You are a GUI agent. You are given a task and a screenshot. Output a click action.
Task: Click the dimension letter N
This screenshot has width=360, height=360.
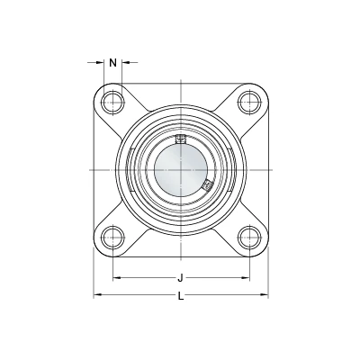(112, 63)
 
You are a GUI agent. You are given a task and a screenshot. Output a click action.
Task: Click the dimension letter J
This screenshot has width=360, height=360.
(180, 278)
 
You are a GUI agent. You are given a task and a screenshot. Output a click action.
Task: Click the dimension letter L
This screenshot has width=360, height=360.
(181, 296)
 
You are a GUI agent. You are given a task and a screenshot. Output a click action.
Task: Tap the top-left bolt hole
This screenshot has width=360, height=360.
(112, 102)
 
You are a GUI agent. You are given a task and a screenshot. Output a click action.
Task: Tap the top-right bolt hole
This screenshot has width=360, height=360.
(249, 102)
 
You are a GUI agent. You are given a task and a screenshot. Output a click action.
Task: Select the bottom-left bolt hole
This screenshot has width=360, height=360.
(112, 238)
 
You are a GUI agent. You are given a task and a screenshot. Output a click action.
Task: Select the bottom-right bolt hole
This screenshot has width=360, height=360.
(249, 238)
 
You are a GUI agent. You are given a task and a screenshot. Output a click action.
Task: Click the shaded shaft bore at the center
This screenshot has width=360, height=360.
(181, 170)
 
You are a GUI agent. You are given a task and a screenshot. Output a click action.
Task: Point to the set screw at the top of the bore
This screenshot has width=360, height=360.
(181, 139)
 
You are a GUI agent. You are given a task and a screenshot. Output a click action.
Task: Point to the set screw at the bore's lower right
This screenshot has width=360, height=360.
(207, 186)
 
